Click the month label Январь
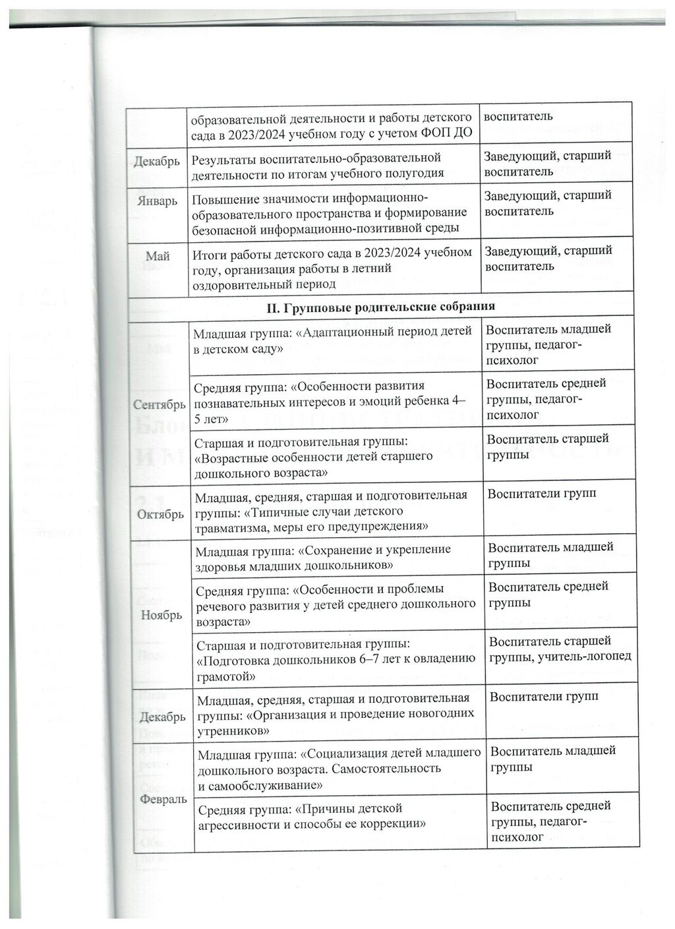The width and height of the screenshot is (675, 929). pos(157,201)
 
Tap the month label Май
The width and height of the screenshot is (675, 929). pos(158,256)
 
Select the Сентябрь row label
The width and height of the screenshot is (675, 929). pos(159,403)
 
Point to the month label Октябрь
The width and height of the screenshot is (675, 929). pos(160,514)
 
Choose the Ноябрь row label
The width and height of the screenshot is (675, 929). pos(161,615)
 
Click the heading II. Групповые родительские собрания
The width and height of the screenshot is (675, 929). pos(380,307)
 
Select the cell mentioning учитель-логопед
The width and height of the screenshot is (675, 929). pos(560,649)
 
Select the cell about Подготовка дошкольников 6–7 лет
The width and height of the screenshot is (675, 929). pos(336,658)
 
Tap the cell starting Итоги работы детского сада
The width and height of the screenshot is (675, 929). pos(333,269)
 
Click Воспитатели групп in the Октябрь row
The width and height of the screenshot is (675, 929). pos(542,494)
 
